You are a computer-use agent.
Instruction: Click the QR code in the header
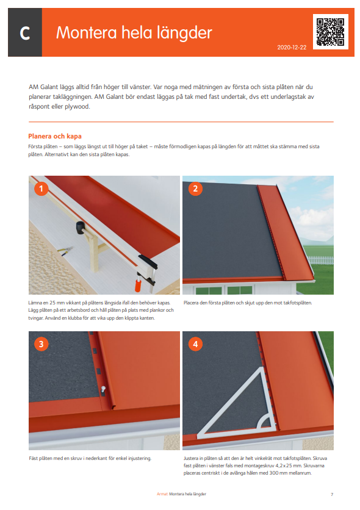coord(330,32)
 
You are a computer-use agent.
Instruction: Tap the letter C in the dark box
coord(25,33)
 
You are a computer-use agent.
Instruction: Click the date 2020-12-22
coord(292,48)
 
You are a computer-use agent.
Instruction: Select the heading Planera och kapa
coord(55,136)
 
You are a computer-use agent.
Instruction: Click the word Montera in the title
coord(87,32)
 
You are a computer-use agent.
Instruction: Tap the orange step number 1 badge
coord(41,189)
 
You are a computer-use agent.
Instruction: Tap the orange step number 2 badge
coord(195,189)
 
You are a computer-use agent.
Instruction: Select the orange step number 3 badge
coord(41,344)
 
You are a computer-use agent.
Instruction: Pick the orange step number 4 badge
coord(195,344)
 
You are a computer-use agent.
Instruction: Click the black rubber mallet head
coord(80,227)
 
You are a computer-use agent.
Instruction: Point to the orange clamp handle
coord(139,286)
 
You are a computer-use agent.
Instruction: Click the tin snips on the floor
coord(65,251)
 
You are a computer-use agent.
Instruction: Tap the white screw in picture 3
coord(103,389)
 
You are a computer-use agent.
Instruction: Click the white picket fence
coord(320,260)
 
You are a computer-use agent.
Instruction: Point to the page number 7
coord(332,494)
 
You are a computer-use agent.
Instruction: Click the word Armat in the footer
coord(162,494)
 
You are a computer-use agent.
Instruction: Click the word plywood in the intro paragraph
coord(77,107)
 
